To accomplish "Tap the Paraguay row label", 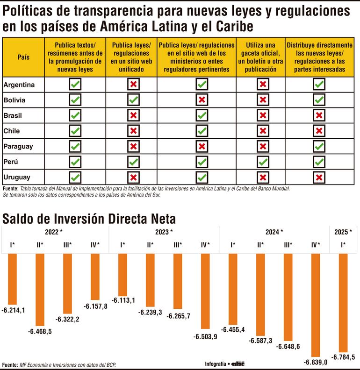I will coord(18,146).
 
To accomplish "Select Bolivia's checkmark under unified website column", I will coord(133,100).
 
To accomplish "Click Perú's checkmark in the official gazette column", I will coord(263,162).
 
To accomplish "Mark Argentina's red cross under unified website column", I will coord(133,85).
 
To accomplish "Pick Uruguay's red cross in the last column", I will coord(319,177).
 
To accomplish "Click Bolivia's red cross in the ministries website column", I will coord(202,100).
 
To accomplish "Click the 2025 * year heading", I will coord(344,232).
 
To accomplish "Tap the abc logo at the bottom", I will coord(238,363).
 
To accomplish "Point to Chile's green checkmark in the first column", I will coord(75,131).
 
